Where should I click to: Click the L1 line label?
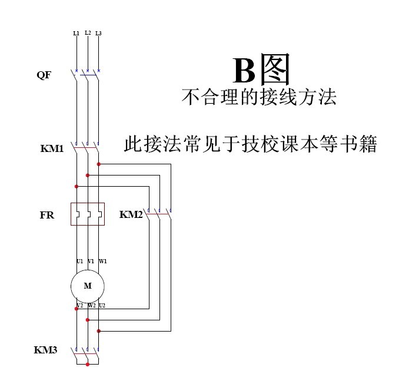point(76,34)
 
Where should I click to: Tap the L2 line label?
point(88,32)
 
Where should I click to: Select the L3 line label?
point(98,34)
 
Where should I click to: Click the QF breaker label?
point(44,75)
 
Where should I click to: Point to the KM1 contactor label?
point(52,148)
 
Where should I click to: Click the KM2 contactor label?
point(131,215)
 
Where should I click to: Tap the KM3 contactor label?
point(45,350)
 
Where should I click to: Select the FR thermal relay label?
point(47,216)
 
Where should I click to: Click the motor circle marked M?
point(88,286)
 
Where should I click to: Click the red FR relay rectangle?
point(88,214)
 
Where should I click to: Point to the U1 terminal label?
point(79,261)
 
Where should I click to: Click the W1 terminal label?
point(102,261)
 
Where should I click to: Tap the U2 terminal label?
point(102,305)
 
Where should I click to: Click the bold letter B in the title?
point(244,72)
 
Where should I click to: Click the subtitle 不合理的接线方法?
point(259,97)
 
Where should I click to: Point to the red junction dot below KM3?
point(88,365)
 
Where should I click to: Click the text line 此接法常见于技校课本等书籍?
point(250,144)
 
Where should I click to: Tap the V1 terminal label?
point(91,261)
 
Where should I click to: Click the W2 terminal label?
point(91,305)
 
